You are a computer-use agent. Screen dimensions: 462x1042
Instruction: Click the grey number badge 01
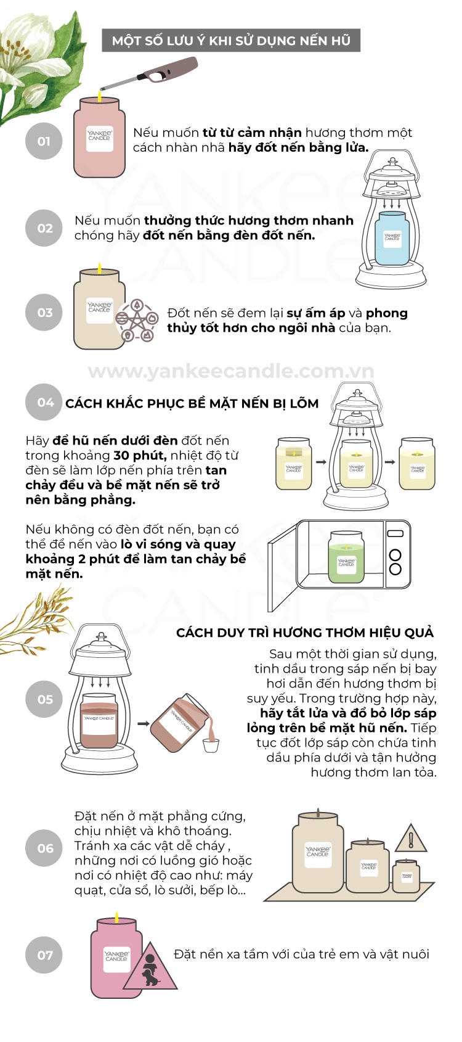click(44, 141)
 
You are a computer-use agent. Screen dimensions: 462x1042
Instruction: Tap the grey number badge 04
click(44, 403)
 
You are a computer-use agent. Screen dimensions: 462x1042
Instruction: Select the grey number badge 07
click(44, 955)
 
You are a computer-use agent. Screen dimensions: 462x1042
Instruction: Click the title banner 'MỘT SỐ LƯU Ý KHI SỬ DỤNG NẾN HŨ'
click(231, 41)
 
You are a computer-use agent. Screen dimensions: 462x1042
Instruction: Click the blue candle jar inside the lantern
click(393, 238)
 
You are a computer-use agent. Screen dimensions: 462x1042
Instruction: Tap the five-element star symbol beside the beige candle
click(137, 321)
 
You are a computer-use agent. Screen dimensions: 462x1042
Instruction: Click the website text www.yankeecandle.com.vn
click(231, 371)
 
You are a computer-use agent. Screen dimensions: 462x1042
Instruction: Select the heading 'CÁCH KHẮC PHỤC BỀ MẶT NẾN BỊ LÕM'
click(192, 403)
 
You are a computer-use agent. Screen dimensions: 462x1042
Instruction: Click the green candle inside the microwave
click(346, 557)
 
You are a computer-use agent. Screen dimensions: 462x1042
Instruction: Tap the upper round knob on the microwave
click(395, 555)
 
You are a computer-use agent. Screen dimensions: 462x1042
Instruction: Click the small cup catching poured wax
click(211, 745)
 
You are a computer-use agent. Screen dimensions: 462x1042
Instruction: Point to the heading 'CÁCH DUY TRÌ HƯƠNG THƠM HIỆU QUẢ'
click(305, 633)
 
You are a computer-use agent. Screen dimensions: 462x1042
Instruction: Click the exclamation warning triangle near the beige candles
click(410, 840)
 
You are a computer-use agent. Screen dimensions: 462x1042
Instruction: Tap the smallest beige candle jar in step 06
click(407, 876)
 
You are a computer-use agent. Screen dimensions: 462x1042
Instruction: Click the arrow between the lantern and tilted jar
click(143, 723)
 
